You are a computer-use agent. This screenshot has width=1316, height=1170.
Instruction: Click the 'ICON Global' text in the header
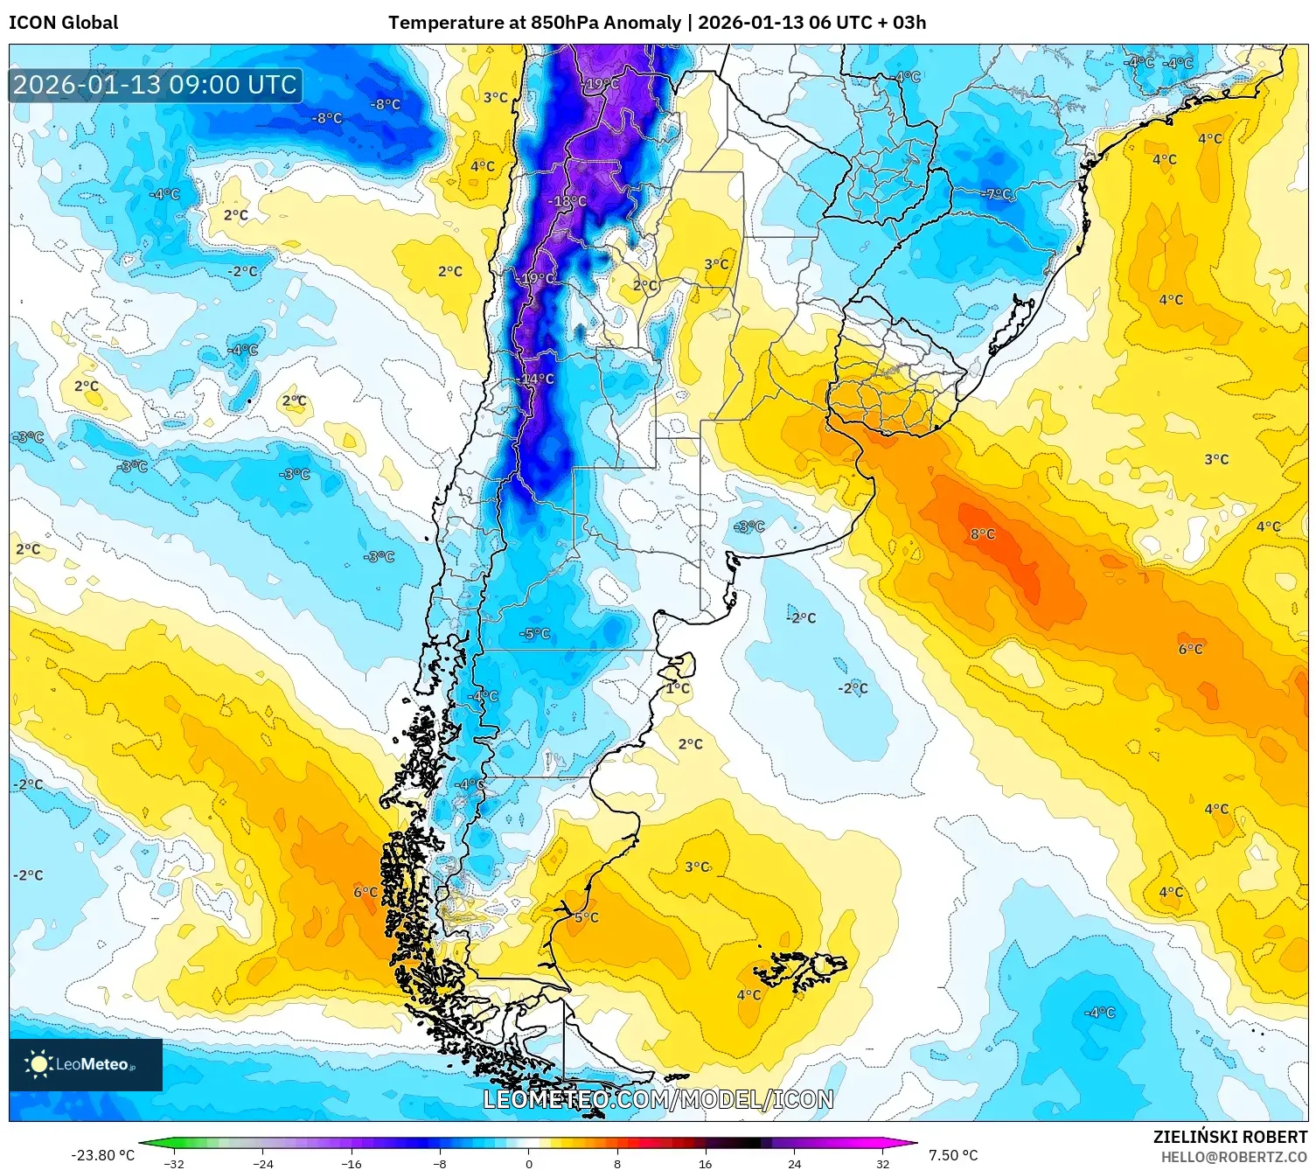[x=63, y=23]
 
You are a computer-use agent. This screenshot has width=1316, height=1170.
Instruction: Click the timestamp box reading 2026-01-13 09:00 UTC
[x=156, y=85]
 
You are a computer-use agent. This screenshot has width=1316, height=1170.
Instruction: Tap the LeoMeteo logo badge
[x=86, y=1064]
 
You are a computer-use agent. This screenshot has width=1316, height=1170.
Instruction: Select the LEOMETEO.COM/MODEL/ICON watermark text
[x=658, y=1099]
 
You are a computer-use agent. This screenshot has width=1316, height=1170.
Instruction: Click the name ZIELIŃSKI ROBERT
[x=1229, y=1137]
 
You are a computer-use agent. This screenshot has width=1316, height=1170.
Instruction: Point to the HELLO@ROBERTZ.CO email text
[x=1234, y=1156]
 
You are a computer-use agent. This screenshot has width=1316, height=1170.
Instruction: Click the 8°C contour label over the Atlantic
[x=982, y=534]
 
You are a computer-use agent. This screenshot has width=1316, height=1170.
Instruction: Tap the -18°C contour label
[x=567, y=201]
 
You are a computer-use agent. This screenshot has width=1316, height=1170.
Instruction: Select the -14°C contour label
[x=536, y=380]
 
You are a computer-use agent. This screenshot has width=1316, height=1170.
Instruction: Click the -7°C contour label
[x=997, y=194]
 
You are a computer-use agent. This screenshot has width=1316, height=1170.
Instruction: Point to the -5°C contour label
[x=534, y=634]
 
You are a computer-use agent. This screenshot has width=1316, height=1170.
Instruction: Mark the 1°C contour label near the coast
[x=678, y=688]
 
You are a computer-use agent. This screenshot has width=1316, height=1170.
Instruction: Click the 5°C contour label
[x=587, y=917]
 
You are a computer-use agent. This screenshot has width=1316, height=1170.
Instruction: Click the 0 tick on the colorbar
[x=528, y=1163]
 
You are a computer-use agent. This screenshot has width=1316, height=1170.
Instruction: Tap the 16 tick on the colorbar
[x=705, y=1163]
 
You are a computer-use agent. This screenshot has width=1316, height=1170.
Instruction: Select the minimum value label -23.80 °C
[x=102, y=1155]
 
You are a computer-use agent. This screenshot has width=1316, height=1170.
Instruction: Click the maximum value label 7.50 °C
[x=953, y=1155]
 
